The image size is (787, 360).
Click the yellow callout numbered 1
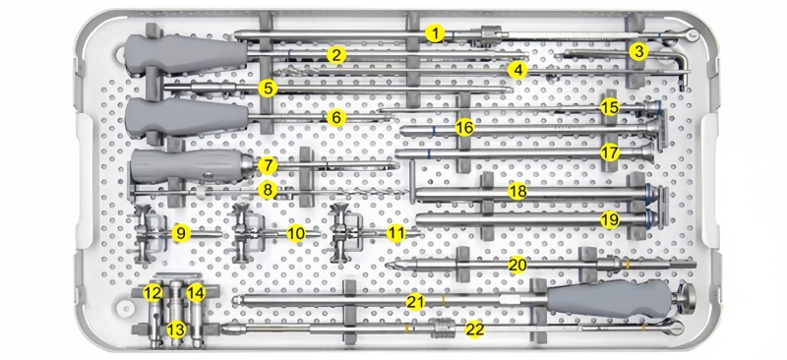[x=435, y=33]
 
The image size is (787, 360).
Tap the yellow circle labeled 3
[x=638, y=51]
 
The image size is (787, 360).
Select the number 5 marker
[x=268, y=89]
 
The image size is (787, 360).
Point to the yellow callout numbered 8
[x=268, y=190]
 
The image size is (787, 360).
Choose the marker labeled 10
[x=296, y=233]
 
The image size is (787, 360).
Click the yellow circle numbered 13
[x=176, y=330]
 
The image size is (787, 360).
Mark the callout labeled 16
[x=464, y=128]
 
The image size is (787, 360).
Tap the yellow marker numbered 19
[x=610, y=219]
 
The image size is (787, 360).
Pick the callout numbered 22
[x=474, y=330]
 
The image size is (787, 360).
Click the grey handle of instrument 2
[x=186, y=54]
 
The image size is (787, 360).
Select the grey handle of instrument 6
[x=187, y=117]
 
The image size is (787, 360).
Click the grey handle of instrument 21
[x=609, y=299]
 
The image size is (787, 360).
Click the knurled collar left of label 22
[x=442, y=329]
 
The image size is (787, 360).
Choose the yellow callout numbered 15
[x=609, y=107]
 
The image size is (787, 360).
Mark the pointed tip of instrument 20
[x=387, y=265]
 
